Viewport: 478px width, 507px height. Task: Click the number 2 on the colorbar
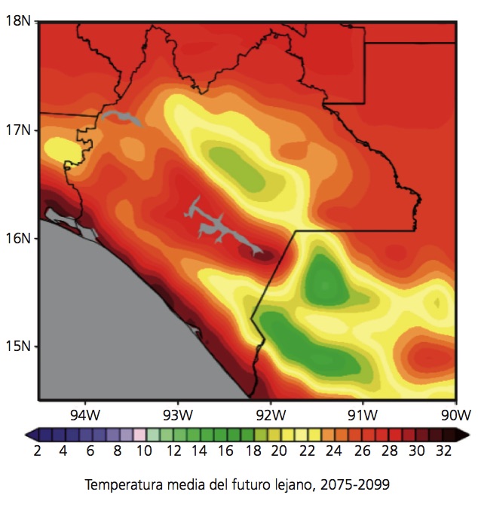[38, 451]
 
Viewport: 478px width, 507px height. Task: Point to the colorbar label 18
[253, 451]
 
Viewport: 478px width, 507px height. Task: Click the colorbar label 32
[443, 451]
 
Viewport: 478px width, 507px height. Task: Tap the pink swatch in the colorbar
[139, 435]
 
